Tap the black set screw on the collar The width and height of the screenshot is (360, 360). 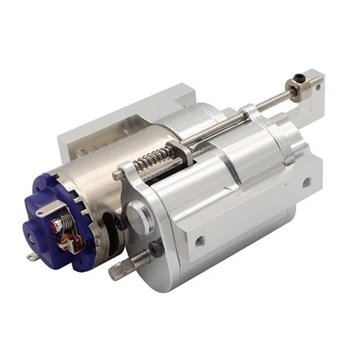click(x=296, y=80)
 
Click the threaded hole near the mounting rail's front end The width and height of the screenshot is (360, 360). click(x=201, y=241)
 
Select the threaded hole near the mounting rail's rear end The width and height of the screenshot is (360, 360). click(x=307, y=183)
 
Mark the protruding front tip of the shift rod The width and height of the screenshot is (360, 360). click(x=117, y=175)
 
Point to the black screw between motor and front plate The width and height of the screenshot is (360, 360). click(x=120, y=223)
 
